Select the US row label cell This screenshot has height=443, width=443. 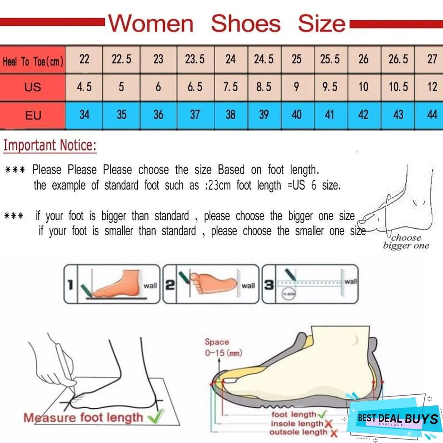32,87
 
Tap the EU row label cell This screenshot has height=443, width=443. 33,115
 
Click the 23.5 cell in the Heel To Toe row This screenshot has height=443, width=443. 195,59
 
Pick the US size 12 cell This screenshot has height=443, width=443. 432,87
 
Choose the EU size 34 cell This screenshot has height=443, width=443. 84,115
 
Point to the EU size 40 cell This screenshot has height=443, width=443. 296,115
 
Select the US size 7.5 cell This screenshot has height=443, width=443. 230,87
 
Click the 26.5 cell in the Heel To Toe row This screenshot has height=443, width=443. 398,59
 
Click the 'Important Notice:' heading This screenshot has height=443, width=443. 50,146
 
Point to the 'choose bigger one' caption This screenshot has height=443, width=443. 406,241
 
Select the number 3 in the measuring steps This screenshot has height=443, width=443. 268,285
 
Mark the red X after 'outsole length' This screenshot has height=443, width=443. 333,433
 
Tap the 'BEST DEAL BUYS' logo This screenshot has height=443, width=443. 397,418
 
